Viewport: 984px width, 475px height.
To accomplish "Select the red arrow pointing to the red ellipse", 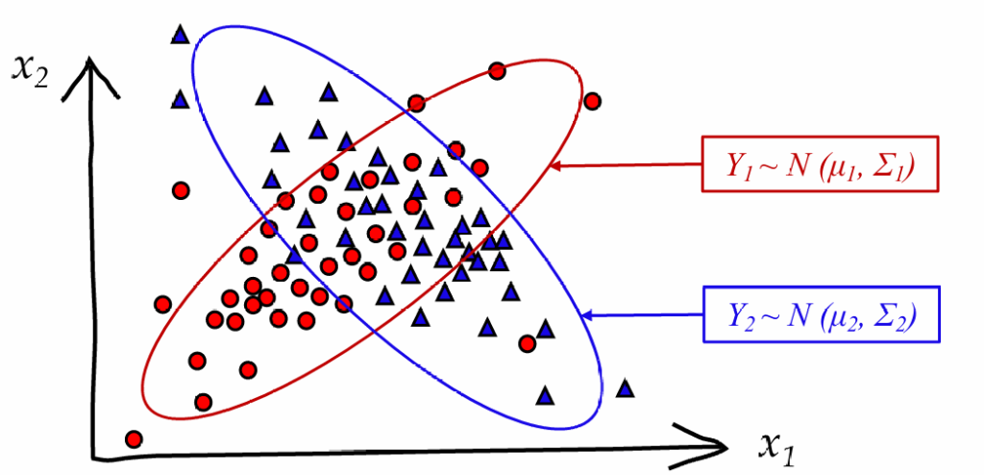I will click(x=625, y=165).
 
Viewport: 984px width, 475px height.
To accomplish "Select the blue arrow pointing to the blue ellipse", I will click(x=644, y=314).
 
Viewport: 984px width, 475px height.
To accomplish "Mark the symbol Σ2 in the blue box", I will click(x=891, y=315).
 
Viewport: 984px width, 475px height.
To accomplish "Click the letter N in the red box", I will click(x=802, y=169).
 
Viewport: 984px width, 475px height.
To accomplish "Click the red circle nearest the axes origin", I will click(x=134, y=438).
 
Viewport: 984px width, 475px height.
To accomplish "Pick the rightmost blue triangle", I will click(x=626, y=388).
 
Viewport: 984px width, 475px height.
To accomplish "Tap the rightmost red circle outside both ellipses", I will click(x=592, y=100).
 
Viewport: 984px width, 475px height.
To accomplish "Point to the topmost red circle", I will click(x=497, y=70).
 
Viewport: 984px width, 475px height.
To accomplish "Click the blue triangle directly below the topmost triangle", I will click(x=180, y=98).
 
